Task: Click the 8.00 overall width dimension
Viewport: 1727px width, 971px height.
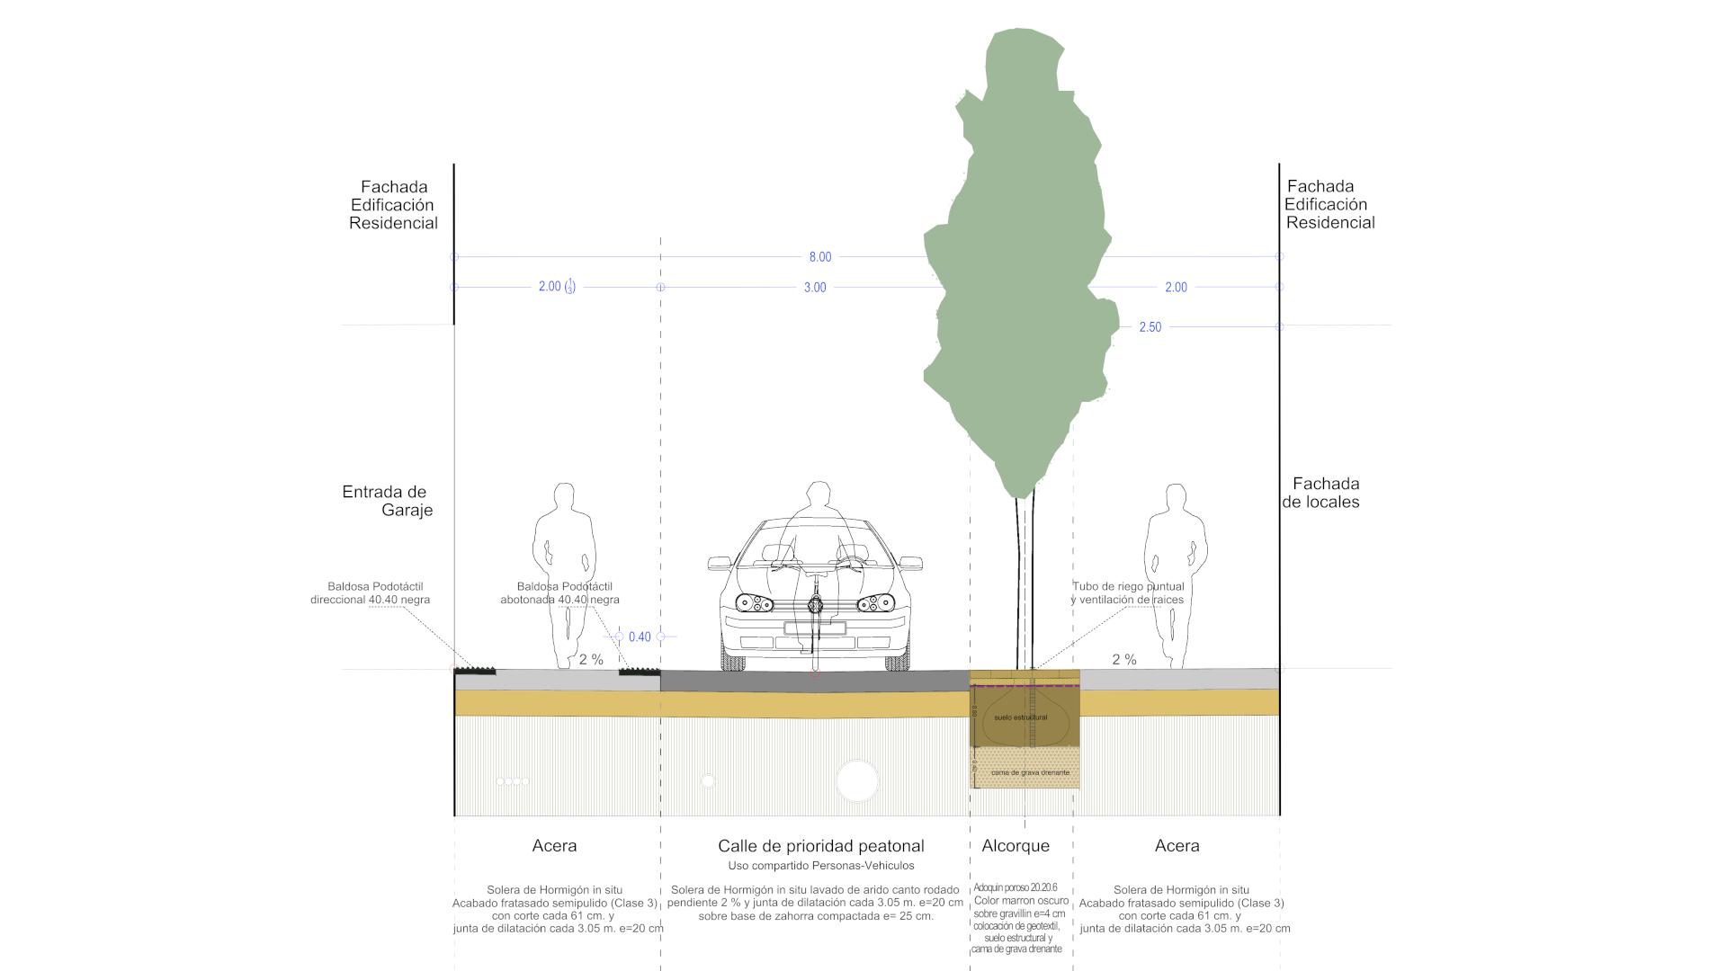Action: pos(819,257)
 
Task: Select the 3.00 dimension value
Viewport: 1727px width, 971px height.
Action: pos(815,288)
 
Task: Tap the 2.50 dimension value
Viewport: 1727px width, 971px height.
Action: pos(1150,327)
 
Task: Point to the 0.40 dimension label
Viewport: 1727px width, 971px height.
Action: pos(640,637)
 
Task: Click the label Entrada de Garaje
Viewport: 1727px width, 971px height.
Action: pos(387,501)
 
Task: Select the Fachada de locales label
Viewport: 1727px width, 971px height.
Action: pos(1321,493)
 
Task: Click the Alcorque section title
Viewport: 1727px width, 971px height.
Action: pos(1016,846)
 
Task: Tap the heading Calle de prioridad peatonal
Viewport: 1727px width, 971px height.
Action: pos(820,846)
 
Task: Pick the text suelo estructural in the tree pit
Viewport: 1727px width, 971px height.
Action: pos(1020,717)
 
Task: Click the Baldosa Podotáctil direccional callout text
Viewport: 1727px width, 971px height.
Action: pos(370,592)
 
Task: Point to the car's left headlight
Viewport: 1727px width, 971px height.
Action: pos(753,603)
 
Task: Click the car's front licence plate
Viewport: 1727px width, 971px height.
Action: pos(815,628)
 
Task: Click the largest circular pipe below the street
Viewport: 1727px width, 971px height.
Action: pos(856,780)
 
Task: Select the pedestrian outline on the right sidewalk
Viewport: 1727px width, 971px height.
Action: pos(1175,575)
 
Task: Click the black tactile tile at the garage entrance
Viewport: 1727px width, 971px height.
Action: pos(474,670)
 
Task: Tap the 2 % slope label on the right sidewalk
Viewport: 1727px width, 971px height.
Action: pos(1123,660)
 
